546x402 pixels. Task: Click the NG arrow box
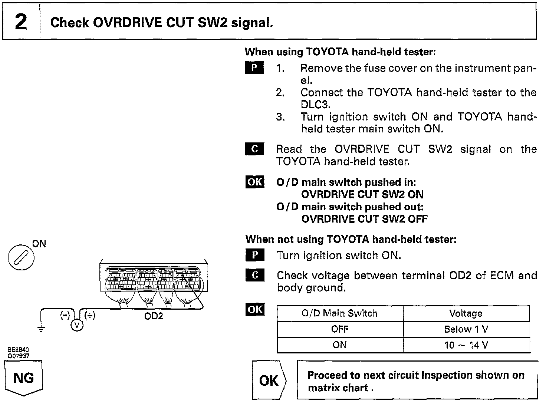pos(23,378)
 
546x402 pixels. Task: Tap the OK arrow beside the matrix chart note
pos(269,380)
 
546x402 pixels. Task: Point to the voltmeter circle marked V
pos(77,325)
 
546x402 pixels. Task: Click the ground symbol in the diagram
pos(42,328)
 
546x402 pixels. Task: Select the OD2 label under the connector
pos(154,316)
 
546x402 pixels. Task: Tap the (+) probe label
pos(90,315)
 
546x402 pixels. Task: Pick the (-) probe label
pos(65,315)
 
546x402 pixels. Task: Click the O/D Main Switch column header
pos(339,313)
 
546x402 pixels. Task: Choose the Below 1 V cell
pos(466,329)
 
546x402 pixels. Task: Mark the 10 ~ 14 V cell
pos(466,345)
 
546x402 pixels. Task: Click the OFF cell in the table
pos(339,329)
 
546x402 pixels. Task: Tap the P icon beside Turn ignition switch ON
pos(255,255)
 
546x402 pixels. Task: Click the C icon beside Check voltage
pos(255,275)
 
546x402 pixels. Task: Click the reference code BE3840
pos(18,350)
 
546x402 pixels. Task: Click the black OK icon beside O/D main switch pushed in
pos(255,182)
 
